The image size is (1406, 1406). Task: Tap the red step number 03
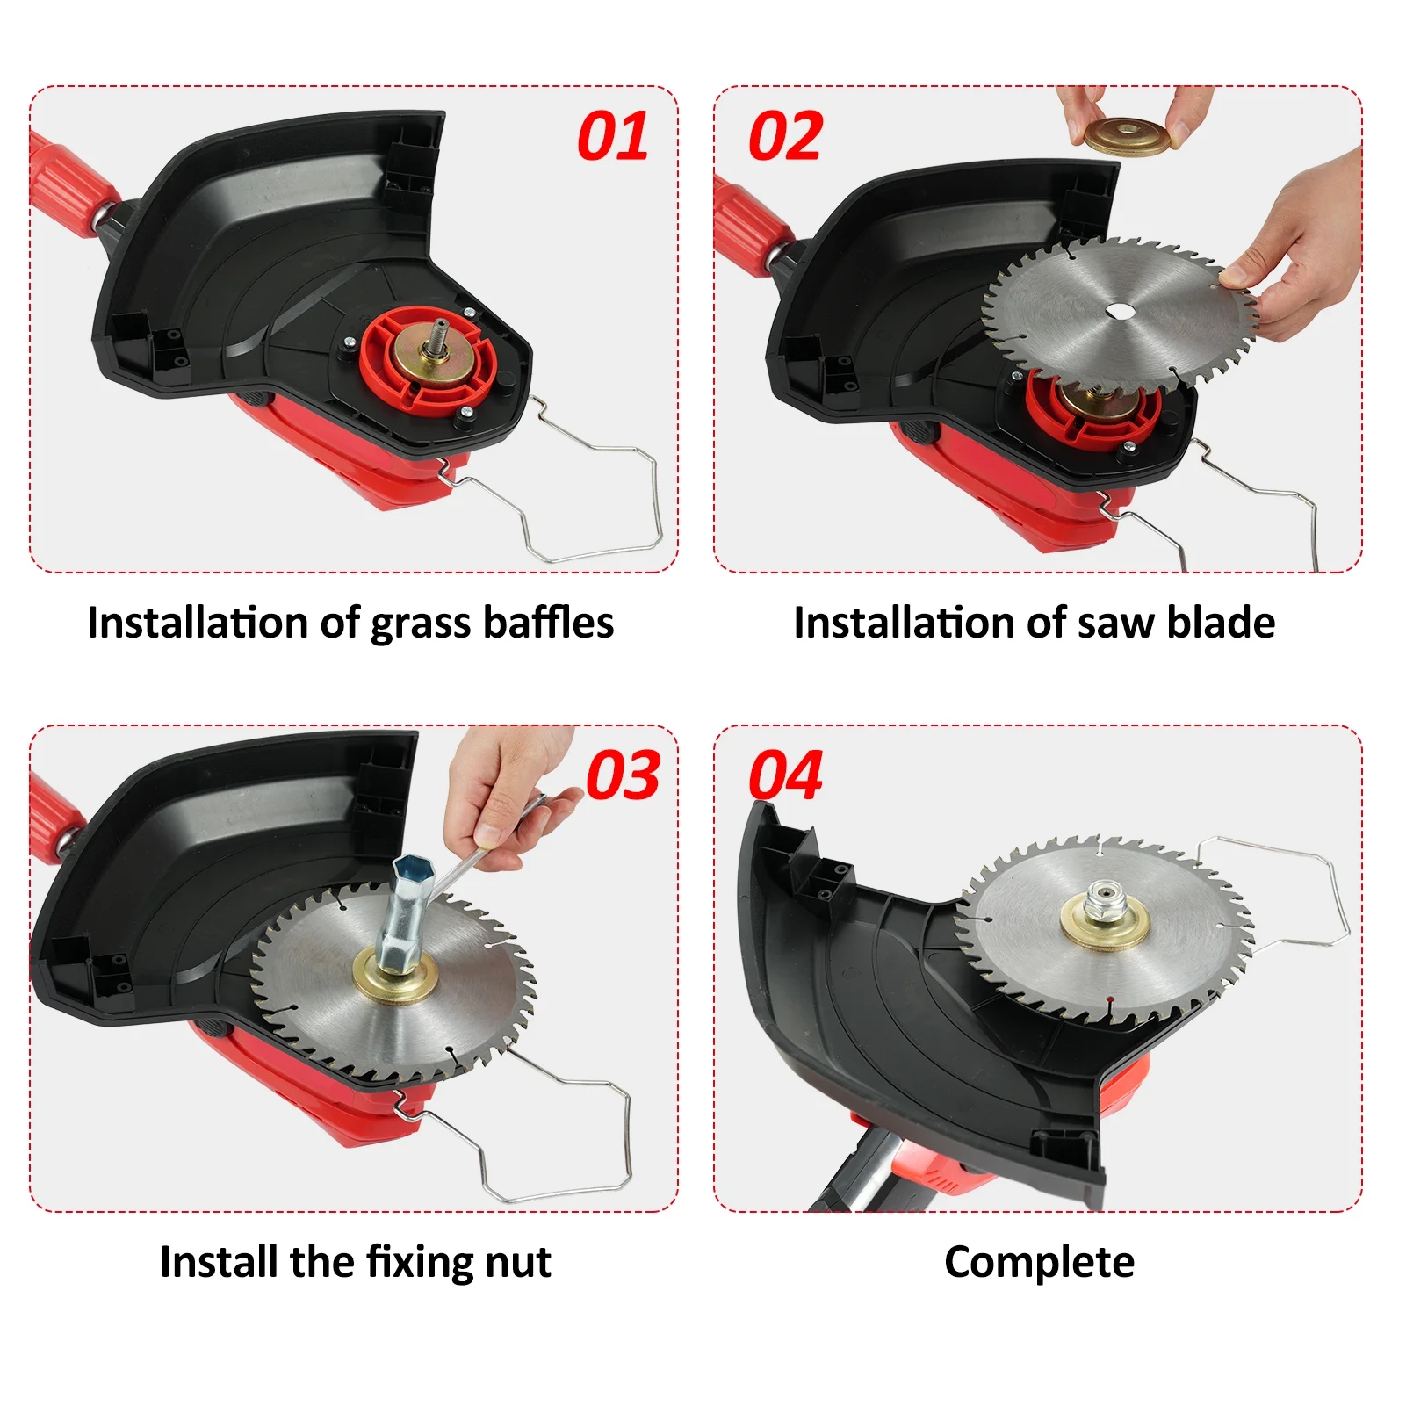623,775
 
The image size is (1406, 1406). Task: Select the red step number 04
785,775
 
